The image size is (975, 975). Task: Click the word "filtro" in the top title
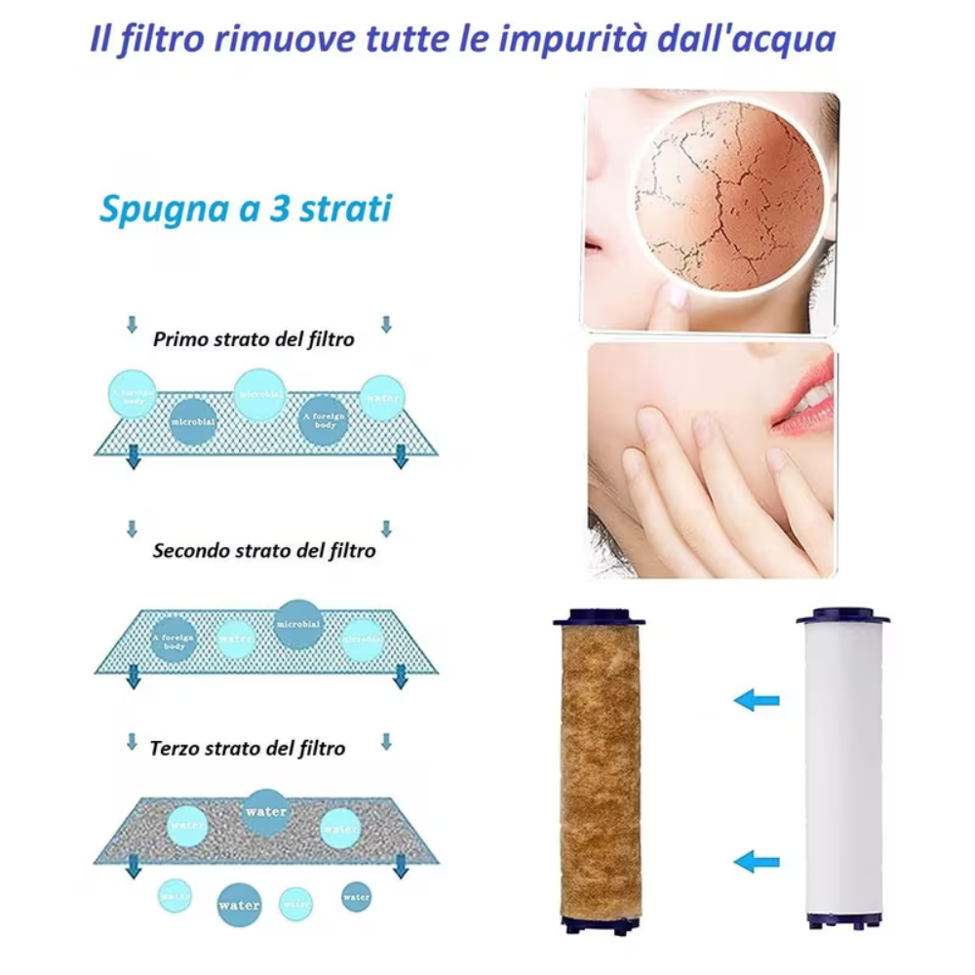coord(158,40)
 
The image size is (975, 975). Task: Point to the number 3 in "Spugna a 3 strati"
coord(279,209)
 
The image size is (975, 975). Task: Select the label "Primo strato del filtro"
coord(253,339)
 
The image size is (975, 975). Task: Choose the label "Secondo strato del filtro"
coord(264,551)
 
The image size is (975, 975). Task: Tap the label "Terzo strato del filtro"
coord(248,749)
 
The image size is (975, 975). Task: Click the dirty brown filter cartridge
coord(601,770)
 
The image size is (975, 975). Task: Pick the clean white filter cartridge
coord(843,770)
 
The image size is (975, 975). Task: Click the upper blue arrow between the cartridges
coord(757,699)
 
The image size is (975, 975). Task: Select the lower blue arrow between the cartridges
coord(757,861)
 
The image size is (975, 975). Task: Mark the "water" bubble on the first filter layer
coord(381,398)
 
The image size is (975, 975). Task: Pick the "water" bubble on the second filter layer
coord(237,639)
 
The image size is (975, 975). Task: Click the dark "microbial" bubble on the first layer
coord(194,422)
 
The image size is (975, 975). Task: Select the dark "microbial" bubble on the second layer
coord(298,624)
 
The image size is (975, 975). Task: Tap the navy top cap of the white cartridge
coord(842,616)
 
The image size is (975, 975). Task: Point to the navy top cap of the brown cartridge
coord(599,618)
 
